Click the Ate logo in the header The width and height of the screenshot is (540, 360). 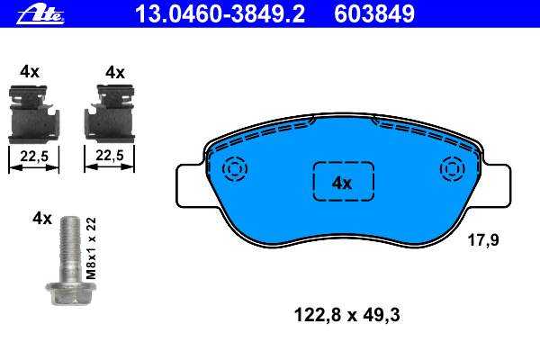coord(40,14)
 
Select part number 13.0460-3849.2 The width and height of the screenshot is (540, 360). coord(220,14)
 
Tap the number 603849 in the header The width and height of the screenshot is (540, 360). coord(374,14)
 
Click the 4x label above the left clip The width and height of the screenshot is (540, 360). coord(30,72)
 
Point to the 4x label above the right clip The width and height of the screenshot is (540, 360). coord(115,73)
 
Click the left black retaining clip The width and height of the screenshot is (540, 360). coord(34,114)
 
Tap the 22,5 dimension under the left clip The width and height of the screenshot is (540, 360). coord(34,157)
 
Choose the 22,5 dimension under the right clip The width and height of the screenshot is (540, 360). coord(110,156)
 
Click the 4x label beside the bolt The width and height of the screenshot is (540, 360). coord(42,218)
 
